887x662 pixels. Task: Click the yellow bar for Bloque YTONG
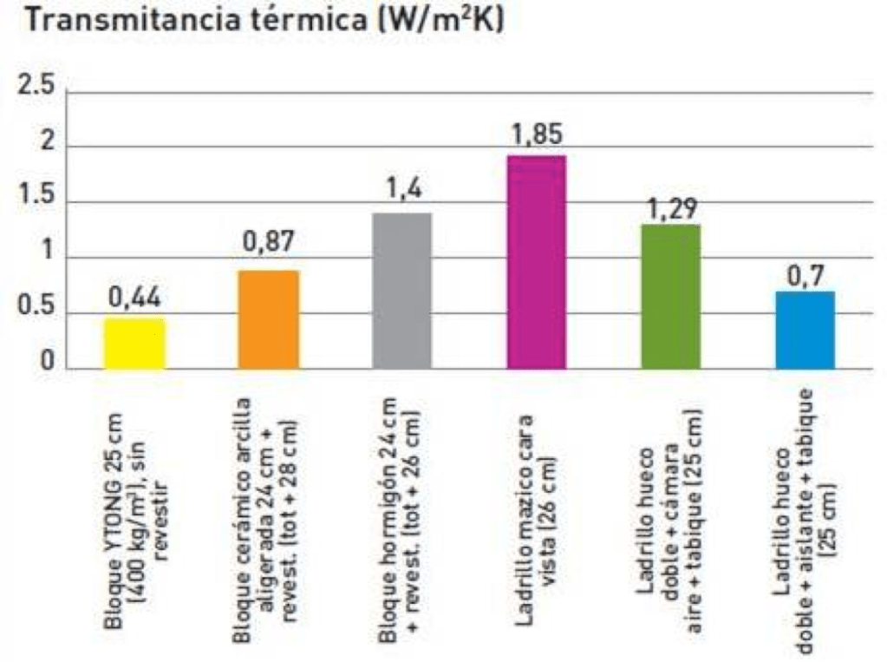(x=134, y=344)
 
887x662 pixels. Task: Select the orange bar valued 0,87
(x=269, y=319)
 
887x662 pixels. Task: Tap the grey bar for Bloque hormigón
(x=401, y=291)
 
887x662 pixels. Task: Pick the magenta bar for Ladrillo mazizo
(x=536, y=262)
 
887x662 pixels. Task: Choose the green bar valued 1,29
(x=670, y=297)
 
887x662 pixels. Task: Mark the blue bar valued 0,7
(x=804, y=330)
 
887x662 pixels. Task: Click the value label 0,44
(x=134, y=298)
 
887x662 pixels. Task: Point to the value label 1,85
(x=536, y=135)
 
